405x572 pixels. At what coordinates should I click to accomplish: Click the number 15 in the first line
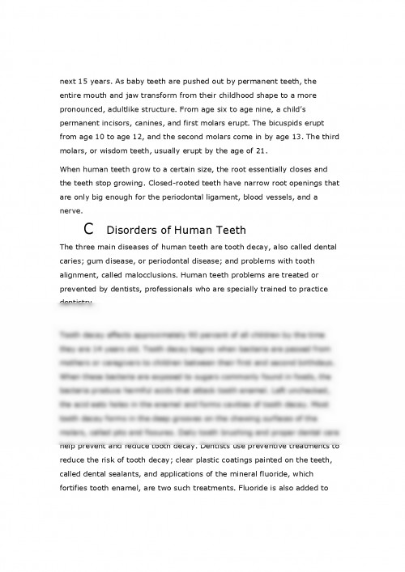pyautogui.click(x=87, y=82)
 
